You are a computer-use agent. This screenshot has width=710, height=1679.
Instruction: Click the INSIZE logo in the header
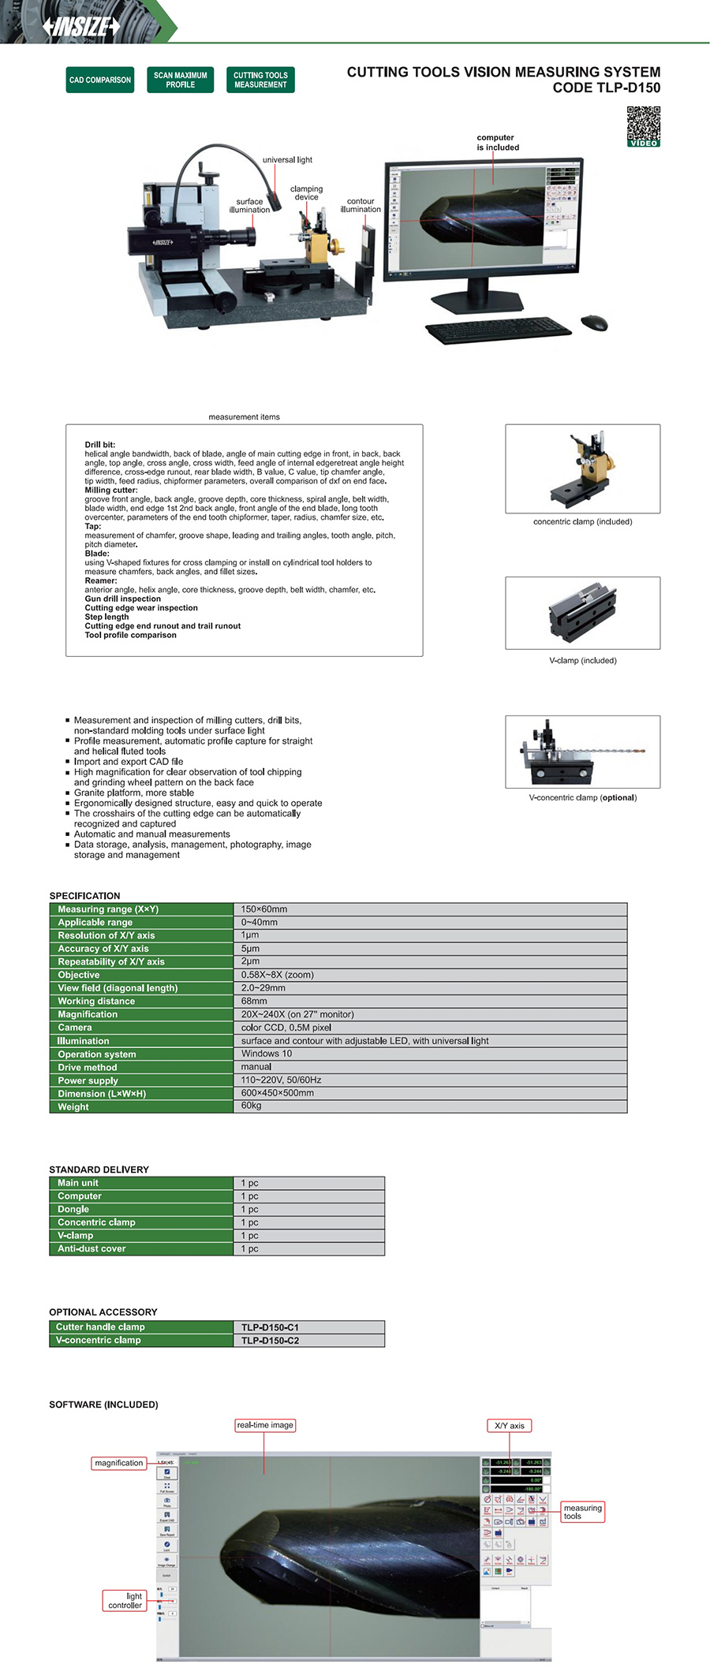tap(82, 26)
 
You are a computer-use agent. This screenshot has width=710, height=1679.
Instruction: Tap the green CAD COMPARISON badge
tap(100, 80)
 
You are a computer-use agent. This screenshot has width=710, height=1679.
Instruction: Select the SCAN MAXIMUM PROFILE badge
tap(180, 80)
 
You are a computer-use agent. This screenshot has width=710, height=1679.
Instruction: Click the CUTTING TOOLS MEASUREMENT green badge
tap(260, 80)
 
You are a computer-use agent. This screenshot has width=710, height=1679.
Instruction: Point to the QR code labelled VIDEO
tap(643, 125)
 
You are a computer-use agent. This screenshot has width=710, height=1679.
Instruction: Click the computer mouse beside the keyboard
tap(594, 322)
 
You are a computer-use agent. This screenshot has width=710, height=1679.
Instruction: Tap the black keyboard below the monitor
tap(498, 329)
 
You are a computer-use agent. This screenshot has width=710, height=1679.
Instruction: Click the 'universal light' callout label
tap(287, 160)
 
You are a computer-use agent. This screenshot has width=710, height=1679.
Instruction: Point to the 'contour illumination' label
tap(361, 205)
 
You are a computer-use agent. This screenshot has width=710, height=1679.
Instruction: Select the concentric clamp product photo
tap(582, 468)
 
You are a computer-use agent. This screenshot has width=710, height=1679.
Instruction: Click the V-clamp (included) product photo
tap(582, 613)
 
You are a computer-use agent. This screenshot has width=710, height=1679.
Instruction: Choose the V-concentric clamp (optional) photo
tap(582, 752)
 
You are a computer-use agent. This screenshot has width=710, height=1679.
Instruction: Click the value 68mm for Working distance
tap(254, 1001)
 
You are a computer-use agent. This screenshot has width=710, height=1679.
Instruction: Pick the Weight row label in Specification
tap(73, 1106)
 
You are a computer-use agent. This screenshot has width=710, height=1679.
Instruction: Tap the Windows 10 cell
tap(267, 1054)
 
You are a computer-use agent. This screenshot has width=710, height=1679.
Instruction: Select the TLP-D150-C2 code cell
tap(270, 1340)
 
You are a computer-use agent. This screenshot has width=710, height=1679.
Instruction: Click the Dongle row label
tap(73, 1209)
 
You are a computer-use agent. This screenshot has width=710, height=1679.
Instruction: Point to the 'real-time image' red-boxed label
tap(265, 1425)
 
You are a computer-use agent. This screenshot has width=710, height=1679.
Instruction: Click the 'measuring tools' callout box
tap(582, 1512)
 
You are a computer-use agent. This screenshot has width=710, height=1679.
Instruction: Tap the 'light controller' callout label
tap(125, 1600)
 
